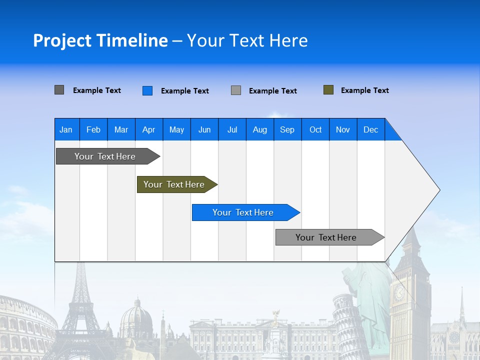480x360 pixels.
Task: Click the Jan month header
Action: click(66, 129)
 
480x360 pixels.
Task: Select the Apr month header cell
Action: click(148, 129)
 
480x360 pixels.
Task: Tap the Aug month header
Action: click(259, 129)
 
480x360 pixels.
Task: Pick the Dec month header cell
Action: click(370, 129)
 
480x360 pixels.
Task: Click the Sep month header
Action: click(287, 129)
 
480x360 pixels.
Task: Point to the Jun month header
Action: click(204, 129)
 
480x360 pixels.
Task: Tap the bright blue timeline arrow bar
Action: click(243, 212)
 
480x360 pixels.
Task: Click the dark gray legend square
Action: click(59, 90)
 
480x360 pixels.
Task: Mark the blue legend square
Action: click(147, 90)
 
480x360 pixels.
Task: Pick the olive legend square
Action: click(328, 90)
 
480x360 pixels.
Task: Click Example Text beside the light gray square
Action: click(272, 91)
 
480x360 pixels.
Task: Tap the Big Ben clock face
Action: click(399, 293)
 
